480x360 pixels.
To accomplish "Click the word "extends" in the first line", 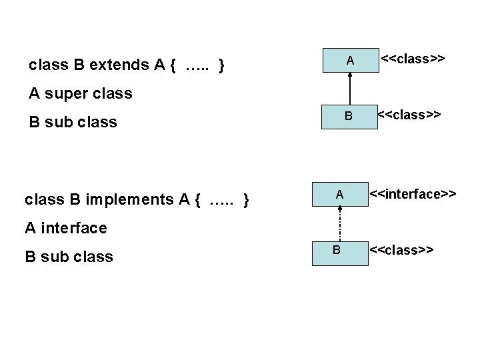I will pyautogui.click(x=119, y=65).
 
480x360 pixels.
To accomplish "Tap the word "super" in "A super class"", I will pyautogui.click(x=69, y=93).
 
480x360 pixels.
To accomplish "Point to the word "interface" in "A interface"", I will pyautogui.click(x=73, y=228).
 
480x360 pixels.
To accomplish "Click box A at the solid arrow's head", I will pyautogui.click(x=349, y=61).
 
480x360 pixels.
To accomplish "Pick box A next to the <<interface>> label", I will pyautogui.click(x=340, y=195).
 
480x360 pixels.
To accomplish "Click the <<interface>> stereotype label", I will pyautogui.click(x=413, y=194).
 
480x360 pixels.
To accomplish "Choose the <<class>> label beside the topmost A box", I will pyautogui.click(x=413, y=59).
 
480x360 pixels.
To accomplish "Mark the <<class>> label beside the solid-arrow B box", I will pyautogui.click(x=409, y=114).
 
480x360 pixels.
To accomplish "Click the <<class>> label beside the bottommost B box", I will pyautogui.click(x=402, y=250).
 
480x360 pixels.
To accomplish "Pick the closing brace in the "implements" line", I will pyautogui.click(x=247, y=199).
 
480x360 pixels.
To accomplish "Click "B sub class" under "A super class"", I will pyautogui.click(x=73, y=122).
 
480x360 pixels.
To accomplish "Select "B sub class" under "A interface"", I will pyautogui.click(x=69, y=256).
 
